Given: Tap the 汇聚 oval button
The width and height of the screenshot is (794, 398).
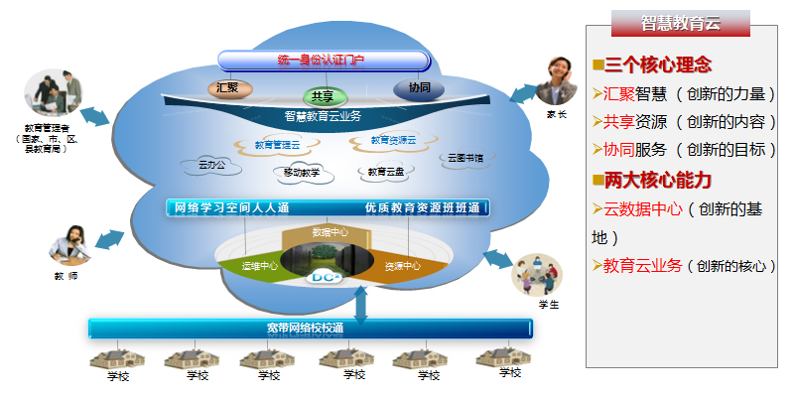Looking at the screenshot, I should tap(227, 87).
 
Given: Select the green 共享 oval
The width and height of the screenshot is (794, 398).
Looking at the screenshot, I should tap(323, 96).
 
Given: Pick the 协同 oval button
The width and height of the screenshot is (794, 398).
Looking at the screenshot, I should tap(418, 87).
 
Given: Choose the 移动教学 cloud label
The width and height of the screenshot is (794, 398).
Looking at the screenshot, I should tap(302, 173).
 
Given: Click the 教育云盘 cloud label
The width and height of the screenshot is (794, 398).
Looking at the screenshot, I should tap(386, 171).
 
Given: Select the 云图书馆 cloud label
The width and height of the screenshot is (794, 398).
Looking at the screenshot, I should tap(464, 157).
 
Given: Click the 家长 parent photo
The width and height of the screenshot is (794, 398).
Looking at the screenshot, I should tap(557, 81).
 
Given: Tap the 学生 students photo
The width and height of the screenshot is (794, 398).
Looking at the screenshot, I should tap(536, 275).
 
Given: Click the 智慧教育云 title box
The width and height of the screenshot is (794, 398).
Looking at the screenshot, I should tap(680, 23).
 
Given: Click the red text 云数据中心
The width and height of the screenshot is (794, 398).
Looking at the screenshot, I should tap(642, 209).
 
